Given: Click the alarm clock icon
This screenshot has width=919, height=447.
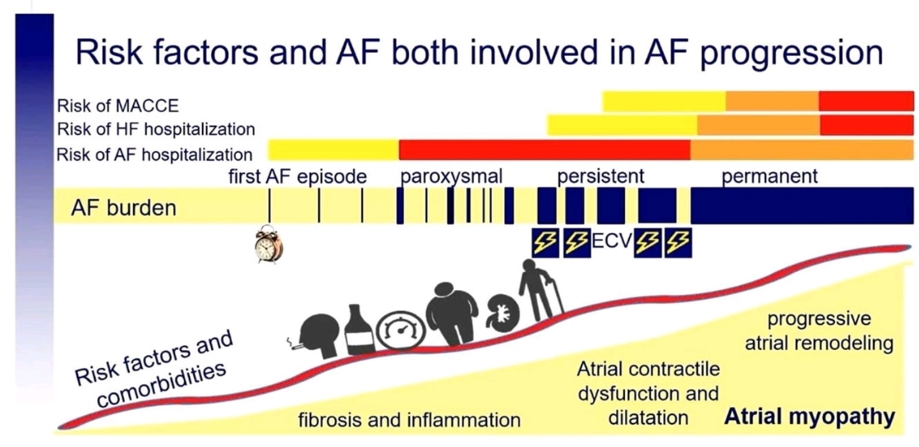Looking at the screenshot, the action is [269, 244].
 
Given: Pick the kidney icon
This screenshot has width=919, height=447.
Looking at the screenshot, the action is [499, 315].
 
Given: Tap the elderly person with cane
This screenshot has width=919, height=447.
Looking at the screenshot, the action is [540, 290].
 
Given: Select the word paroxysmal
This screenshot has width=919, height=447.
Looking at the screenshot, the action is [452, 177].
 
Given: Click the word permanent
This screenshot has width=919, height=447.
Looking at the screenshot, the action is [770, 177].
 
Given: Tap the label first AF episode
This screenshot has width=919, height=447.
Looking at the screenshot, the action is [298, 177].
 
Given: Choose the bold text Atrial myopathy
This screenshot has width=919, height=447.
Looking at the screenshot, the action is [810, 417].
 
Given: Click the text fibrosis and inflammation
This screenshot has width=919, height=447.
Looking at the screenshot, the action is [409, 420].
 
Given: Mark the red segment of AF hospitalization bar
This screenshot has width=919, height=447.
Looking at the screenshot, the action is [545, 150].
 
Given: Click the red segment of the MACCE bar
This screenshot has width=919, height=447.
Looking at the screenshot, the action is [866, 101].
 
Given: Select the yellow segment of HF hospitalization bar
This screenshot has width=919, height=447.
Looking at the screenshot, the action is [623, 125].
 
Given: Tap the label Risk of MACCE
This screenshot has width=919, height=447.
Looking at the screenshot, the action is [117, 106].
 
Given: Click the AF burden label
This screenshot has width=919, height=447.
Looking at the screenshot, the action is [124, 208].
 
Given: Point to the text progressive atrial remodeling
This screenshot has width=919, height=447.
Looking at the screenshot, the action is [820, 331].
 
